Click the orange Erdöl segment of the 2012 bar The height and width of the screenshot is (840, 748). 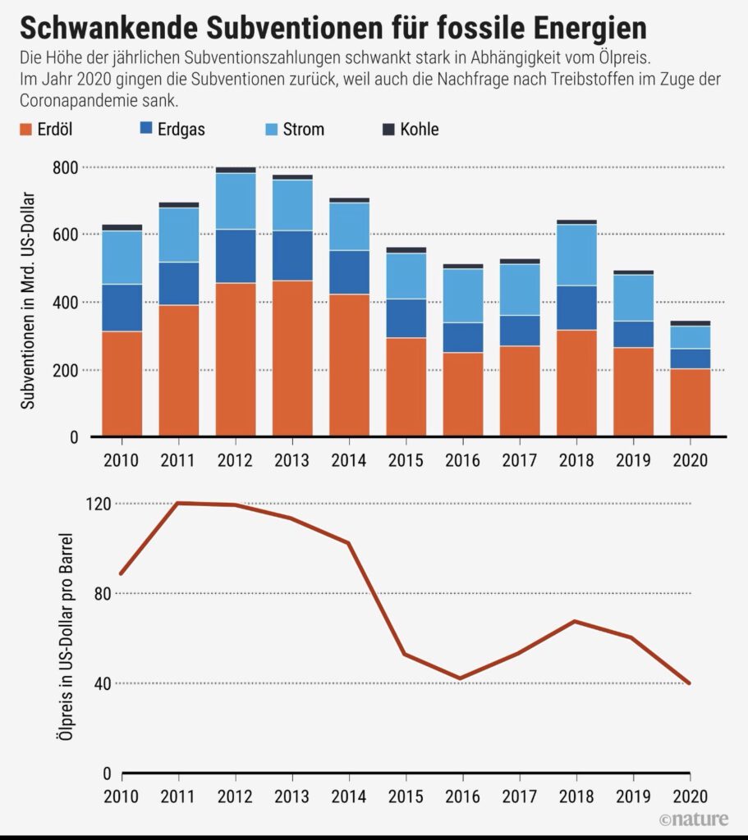tap(236, 359)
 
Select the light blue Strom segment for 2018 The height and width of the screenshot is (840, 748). tap(576, 255)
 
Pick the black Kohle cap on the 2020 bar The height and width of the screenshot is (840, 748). tap(690, 323)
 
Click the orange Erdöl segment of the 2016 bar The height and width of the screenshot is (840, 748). tap(463, 394)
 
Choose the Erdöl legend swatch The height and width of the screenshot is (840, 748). tap(25, 129)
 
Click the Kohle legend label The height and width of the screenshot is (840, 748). tap(419, 129)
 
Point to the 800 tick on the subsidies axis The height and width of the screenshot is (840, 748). tap(66, 167)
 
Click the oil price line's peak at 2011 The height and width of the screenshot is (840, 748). tap(179, 503)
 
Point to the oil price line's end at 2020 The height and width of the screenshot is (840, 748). tap(689, 682)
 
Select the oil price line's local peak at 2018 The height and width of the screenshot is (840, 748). tap(576, 621)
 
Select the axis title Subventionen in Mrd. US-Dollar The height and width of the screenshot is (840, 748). tap(27, 299)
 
